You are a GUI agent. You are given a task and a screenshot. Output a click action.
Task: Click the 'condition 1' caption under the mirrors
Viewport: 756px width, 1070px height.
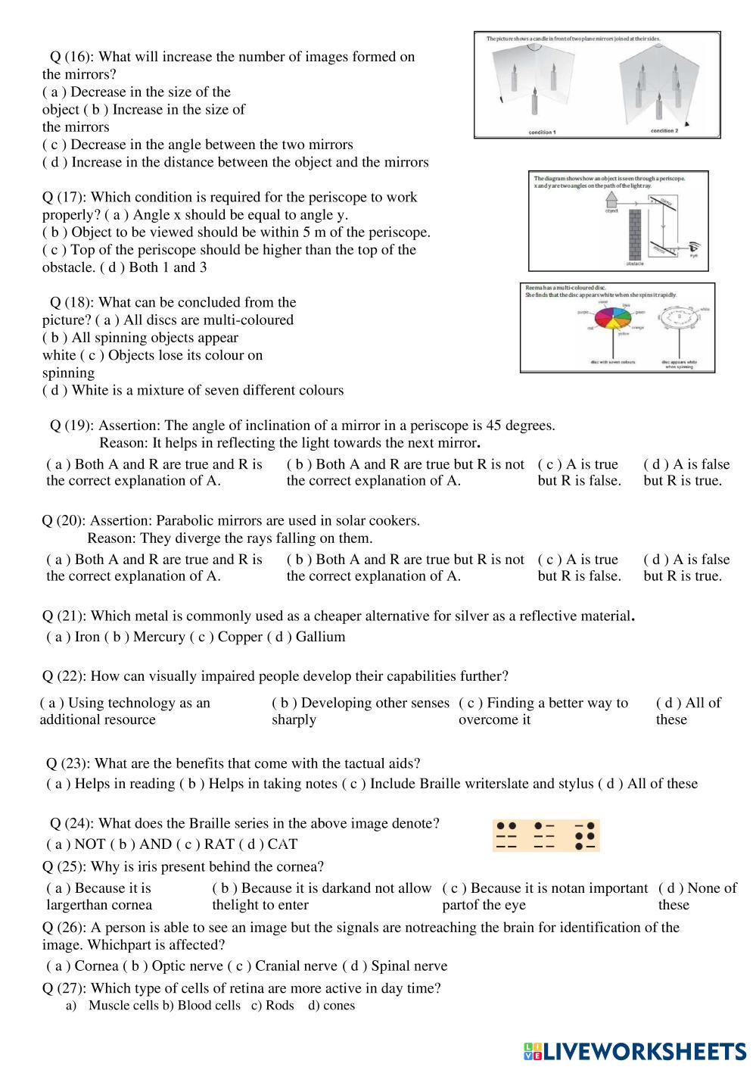542,133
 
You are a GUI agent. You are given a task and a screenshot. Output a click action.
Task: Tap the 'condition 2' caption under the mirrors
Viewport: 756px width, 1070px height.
664,131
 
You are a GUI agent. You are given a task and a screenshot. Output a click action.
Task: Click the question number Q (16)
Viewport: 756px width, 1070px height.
72,57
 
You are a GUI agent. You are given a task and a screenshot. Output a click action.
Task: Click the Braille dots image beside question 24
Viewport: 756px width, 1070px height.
546,835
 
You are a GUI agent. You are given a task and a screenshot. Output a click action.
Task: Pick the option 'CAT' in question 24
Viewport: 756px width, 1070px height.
282,844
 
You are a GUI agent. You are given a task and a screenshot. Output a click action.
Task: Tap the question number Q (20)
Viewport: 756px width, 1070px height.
64,521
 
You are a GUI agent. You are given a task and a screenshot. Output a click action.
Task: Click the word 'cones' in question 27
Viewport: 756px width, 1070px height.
338,1006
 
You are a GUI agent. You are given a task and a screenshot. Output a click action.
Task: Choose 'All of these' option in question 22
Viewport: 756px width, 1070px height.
688,711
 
